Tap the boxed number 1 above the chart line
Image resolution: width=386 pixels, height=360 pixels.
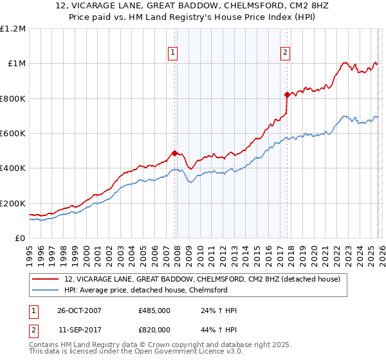[174, 53]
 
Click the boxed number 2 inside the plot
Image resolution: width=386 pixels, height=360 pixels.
[286, 53]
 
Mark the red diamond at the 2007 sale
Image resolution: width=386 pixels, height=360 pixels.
[174, 153]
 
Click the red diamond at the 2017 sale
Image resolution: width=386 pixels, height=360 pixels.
[287, 94]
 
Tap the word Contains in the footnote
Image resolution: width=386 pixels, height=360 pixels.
[46, 345]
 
